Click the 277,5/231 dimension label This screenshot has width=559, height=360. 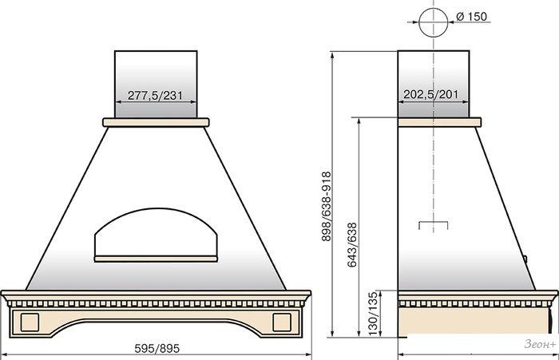[155, 95]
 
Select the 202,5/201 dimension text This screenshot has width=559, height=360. [430, 94]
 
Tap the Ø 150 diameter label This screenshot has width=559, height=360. [471, 17]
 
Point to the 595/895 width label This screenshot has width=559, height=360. [157, 348]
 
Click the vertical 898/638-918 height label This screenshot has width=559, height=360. [327, 207]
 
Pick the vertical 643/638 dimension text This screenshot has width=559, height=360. [352, 245]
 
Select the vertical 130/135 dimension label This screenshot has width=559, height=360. [373, 314]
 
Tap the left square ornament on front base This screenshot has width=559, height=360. [30, 322]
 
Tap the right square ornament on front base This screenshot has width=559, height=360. [282, 322]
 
